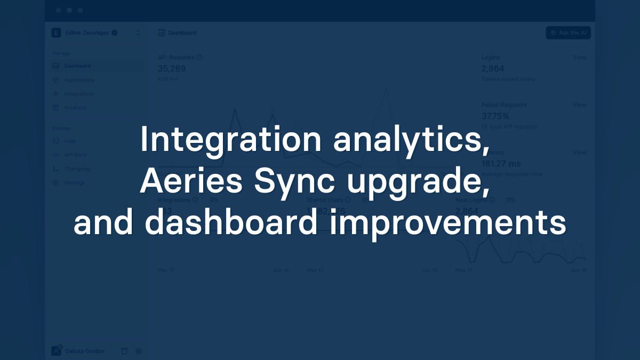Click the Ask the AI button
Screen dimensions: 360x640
coord(569,33)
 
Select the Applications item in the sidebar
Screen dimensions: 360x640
coord(79,80)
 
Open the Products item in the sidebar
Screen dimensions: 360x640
coord(75,108)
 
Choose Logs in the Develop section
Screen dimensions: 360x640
coord(70,141)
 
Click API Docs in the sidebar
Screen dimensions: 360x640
coord(75,155)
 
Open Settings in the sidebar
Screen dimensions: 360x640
coord(74,183)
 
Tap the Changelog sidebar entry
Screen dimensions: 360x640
coord(77,169)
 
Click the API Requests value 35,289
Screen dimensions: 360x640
coord(172,69)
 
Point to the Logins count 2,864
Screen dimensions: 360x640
coord(493,69)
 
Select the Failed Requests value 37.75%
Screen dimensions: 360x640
coord(495,116)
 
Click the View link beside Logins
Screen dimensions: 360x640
coord(579,58)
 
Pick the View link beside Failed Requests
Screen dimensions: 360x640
coord(579,105)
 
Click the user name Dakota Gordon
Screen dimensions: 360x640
coord(85,351)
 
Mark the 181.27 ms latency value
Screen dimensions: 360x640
coord(501,164)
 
